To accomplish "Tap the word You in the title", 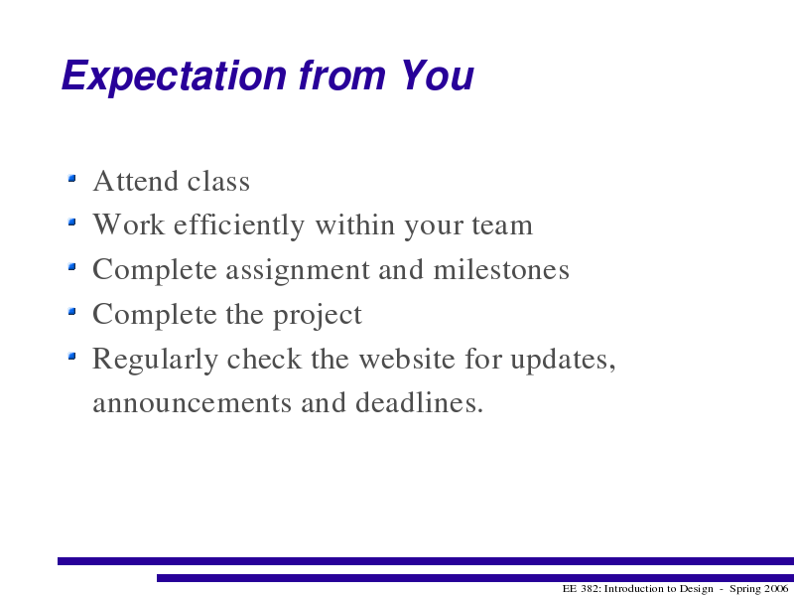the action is (437, 75).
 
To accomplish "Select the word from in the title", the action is (342, 75).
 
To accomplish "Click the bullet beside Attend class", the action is (71, 178).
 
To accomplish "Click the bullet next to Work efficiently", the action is (71, 222).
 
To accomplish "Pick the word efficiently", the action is (239, 226).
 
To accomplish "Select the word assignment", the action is (298, 270).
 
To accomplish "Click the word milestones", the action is (501, 269).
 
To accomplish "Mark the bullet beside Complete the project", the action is (71, 311).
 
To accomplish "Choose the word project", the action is (318, 315).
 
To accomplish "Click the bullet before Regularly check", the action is (71, 356).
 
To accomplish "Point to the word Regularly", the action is (156, 360).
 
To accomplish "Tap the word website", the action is (407, 359).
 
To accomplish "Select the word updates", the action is (563, 360).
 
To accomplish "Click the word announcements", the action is (192, 404).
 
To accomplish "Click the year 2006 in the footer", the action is (775, 588).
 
